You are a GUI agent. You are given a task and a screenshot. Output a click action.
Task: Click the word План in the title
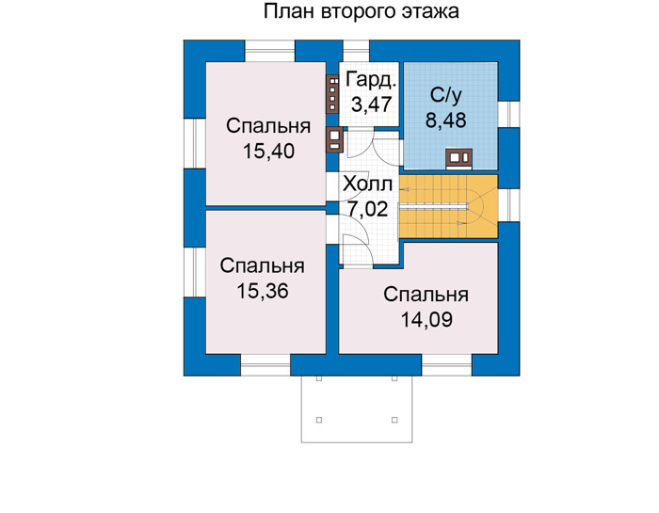pos(290,11)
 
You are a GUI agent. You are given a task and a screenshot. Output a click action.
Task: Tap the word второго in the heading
pos(359,12)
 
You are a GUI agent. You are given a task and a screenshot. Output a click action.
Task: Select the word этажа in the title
pos(430,12)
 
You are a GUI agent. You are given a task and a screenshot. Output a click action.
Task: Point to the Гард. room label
pos(371,80)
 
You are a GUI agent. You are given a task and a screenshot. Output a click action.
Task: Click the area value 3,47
pos(371,104)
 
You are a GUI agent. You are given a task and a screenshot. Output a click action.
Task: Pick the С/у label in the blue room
pos(445,95)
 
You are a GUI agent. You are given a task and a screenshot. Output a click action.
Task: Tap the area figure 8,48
pos(445,120)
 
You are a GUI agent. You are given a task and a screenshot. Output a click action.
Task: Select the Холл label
pos(368,184)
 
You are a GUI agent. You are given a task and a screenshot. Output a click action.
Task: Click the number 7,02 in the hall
pos(368,209)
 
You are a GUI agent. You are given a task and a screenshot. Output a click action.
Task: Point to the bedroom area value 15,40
pos(268,151)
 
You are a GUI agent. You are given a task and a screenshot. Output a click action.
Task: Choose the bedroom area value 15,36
pos(263,291)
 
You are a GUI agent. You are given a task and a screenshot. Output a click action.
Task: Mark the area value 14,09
pos(426,319)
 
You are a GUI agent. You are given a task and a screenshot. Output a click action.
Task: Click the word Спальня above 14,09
pos(426,295)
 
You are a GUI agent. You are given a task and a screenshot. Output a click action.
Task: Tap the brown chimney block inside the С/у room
pos(459,157)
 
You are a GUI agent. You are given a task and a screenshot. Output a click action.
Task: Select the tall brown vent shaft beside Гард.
pos(332,94)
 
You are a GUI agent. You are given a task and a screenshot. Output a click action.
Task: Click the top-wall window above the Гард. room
pos(357,51)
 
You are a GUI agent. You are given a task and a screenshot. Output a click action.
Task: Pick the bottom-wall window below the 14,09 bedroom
pos(447,364)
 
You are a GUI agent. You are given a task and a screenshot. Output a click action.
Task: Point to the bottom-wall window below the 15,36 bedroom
pos(265,364)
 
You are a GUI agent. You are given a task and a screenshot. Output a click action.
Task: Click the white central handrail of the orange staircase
pos(434,206)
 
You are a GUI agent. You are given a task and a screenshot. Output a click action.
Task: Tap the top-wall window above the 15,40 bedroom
pos(270,51)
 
